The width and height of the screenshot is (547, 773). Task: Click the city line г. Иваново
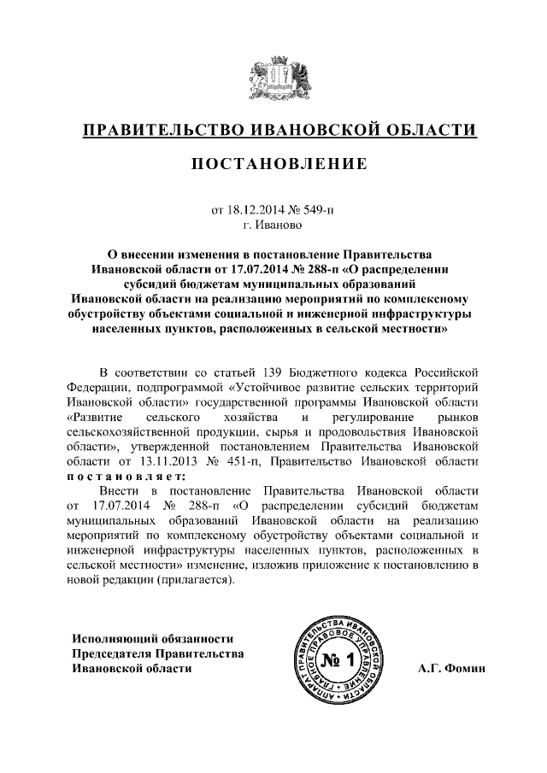(x=273, y=224)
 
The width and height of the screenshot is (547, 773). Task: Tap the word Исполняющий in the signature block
(x=114, y=638)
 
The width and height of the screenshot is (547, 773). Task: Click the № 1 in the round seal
(x=339, y=659)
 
